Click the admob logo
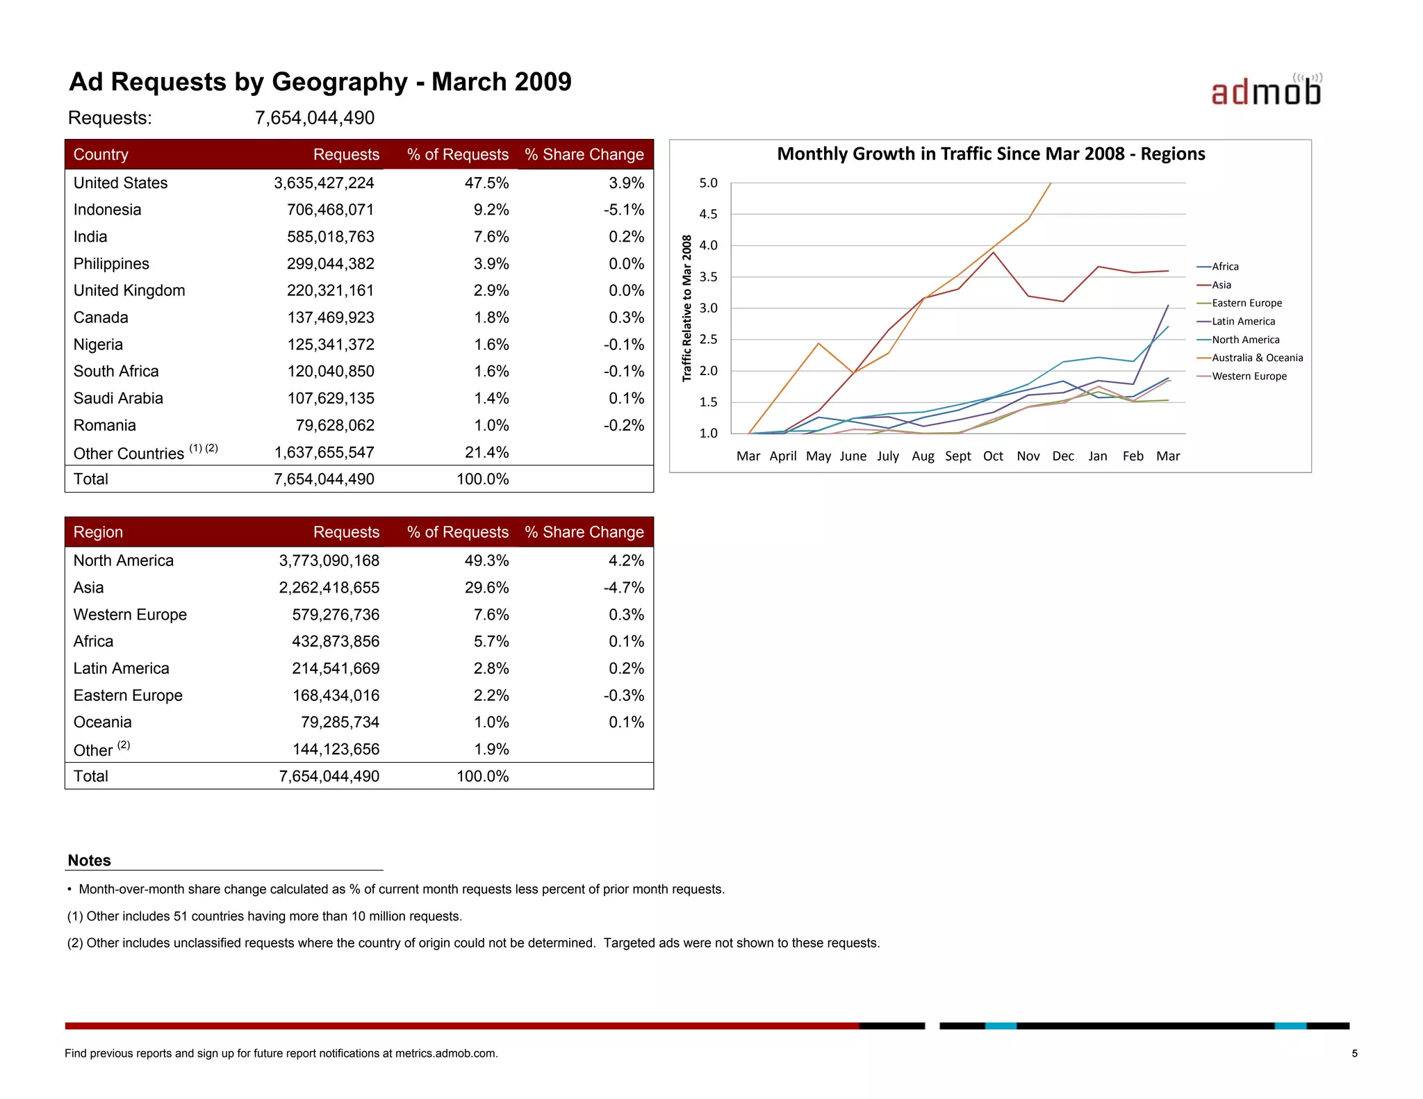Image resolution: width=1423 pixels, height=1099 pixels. click(1265, 91)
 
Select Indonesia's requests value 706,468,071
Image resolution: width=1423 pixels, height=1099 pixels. click(330, 210)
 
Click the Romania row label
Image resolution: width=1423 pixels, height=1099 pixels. click(105, 425)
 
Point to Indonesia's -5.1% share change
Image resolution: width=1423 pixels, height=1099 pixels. click(623, 210)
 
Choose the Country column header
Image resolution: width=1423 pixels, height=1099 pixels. click(101, 154)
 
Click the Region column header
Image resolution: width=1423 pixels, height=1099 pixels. click(98, 532)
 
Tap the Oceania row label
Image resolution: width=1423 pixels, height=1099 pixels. click(103, 722)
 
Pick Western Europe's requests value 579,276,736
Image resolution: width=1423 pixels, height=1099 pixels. click(336, 615)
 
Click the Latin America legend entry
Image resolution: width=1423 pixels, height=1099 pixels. click(1243, 322)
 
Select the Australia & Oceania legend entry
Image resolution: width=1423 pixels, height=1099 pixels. click(1257, 358)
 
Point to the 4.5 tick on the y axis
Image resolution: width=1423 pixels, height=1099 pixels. click(708, 215)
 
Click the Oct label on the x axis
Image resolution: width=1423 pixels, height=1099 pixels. click(993, 456)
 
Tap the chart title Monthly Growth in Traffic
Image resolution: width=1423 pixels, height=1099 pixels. click(991, 154)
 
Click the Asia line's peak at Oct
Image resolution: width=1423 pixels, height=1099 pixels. click(994, 253)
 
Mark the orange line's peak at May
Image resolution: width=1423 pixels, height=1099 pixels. click(819, 343)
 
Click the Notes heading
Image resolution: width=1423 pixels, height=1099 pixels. click(90, 861)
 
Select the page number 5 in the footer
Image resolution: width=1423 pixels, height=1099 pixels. click(1354, 1054)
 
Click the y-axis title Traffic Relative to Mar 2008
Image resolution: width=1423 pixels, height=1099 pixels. click(687, 308)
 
